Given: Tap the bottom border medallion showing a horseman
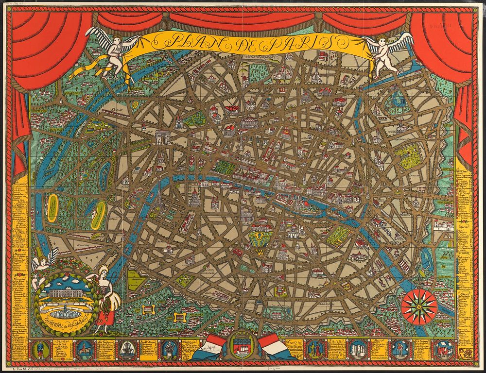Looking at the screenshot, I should (x=80, y=349).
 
